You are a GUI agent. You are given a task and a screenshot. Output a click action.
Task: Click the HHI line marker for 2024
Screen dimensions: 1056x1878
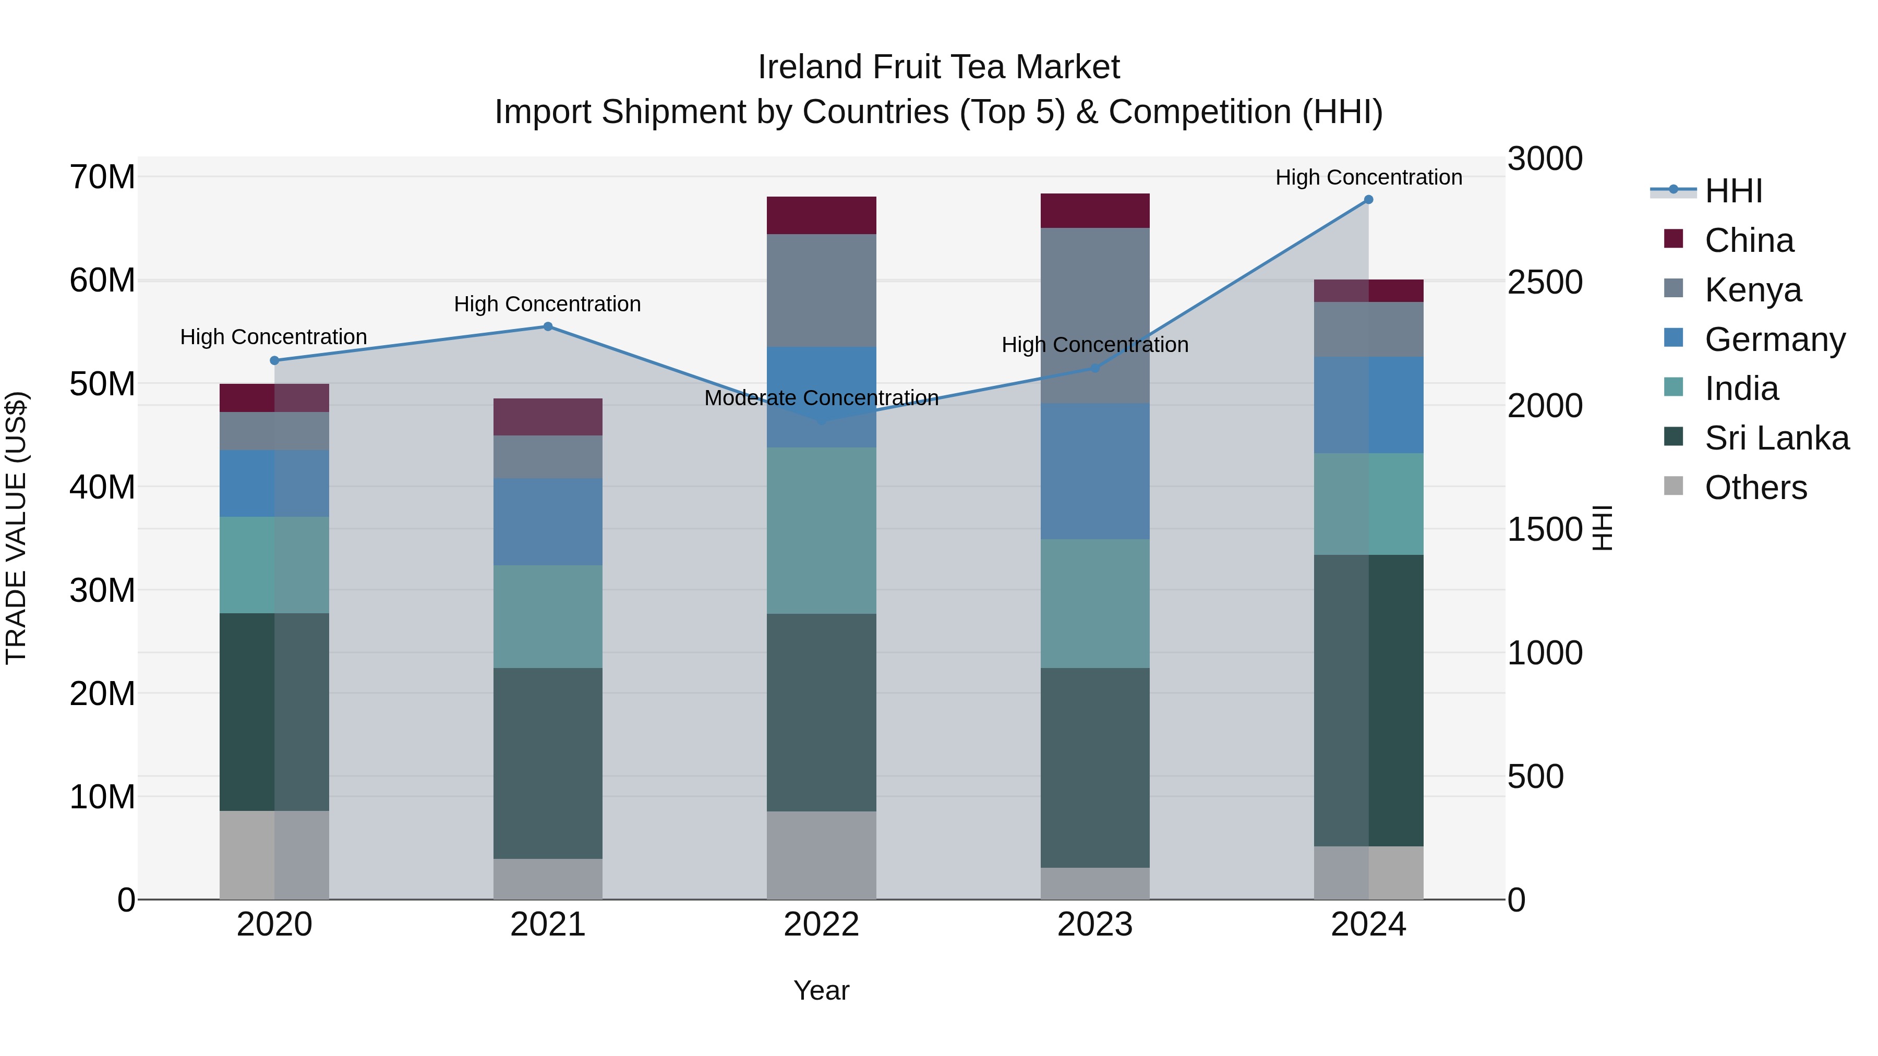tap(1368, 200)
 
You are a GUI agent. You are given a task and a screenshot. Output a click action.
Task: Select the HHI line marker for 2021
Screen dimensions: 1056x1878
tap(548, 326)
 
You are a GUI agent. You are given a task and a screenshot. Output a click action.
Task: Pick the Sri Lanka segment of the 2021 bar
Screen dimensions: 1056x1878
tap(548, 762)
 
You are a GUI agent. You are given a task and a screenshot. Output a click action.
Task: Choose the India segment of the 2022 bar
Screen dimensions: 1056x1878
tap(821, 530)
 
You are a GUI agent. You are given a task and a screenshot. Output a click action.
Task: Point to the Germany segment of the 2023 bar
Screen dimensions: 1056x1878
tap(1094, 471)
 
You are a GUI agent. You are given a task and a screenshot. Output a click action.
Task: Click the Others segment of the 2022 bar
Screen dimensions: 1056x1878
tap(821, 854)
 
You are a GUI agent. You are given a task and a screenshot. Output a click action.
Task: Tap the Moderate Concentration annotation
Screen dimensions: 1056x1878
tap(821, 398)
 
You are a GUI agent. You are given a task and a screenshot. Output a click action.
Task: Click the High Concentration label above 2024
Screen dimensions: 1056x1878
tap(1368, 177)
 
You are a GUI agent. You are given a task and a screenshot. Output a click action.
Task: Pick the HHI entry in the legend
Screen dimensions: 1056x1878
tap(1733, 191)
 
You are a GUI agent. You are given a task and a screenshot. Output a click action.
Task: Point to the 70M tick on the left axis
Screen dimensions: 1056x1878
tap(102, 177)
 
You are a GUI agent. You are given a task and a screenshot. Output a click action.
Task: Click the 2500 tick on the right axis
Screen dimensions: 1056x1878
tap(1545, 282)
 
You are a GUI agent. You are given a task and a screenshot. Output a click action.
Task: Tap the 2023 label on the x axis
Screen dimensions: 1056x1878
tap(1094, 925)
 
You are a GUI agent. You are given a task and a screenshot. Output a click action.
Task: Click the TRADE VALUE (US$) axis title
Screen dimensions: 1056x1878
tap(16, 528)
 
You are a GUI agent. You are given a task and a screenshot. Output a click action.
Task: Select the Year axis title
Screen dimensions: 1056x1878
tap(821, 990)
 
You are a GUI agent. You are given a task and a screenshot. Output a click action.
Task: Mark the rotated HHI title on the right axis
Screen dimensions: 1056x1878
tap(1602, 528)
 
